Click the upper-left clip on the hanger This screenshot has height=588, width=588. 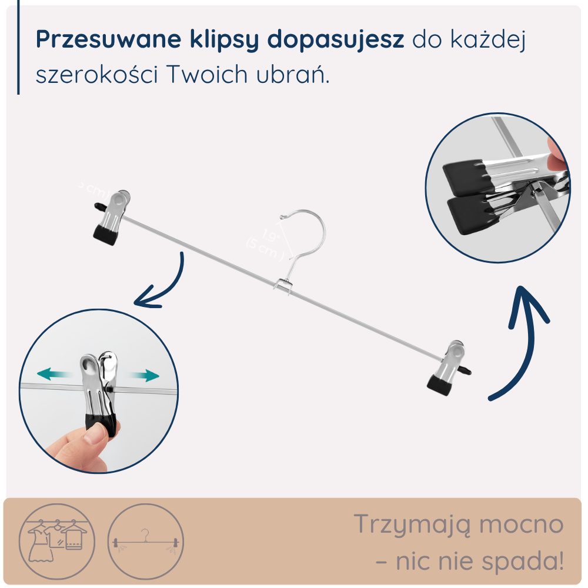coord(112,215)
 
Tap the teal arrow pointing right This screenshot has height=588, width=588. coord(145,375)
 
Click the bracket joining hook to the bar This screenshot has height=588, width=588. coord(283,286)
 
